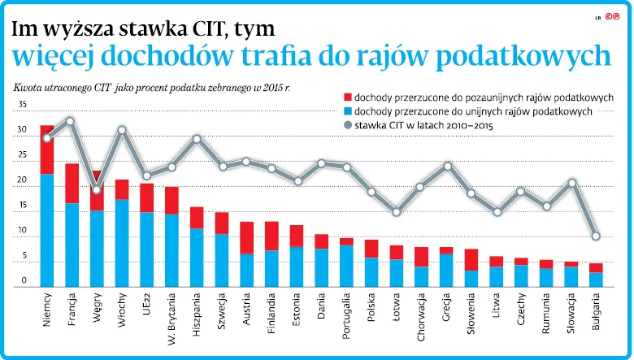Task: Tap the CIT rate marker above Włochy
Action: point(123,130)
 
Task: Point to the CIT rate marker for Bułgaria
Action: point(596,236)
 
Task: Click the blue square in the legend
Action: point(348,111)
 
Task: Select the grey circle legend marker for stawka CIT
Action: point(348,125)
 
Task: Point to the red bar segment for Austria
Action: point(247,237)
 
